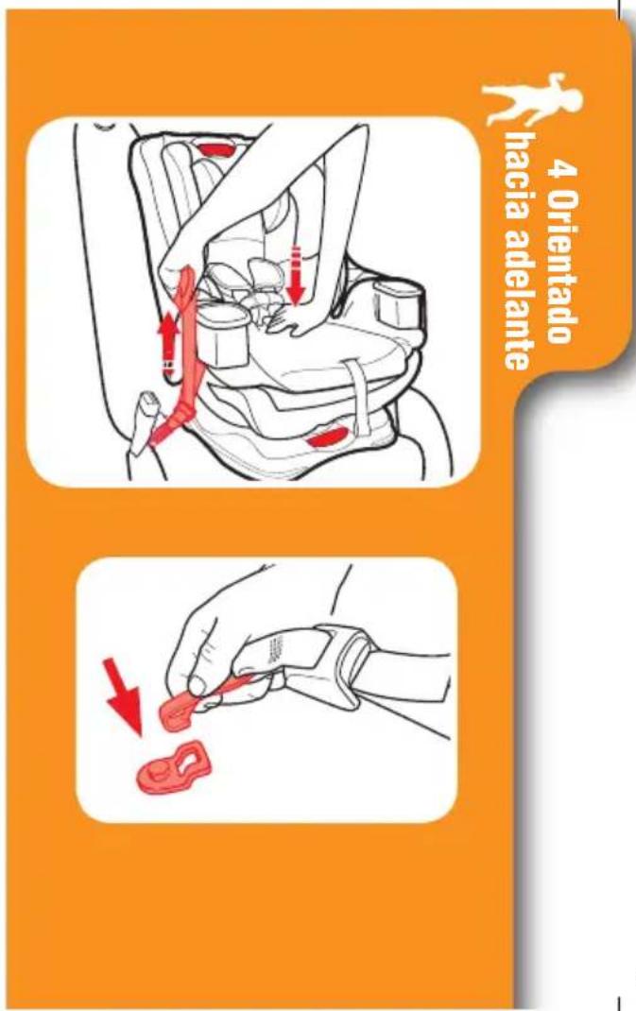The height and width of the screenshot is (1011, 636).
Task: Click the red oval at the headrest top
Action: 215,149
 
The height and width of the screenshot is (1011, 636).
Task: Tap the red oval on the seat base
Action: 328,437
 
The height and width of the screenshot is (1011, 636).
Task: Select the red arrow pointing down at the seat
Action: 296,275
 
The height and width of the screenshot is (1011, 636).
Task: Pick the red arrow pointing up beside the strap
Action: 168,343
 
